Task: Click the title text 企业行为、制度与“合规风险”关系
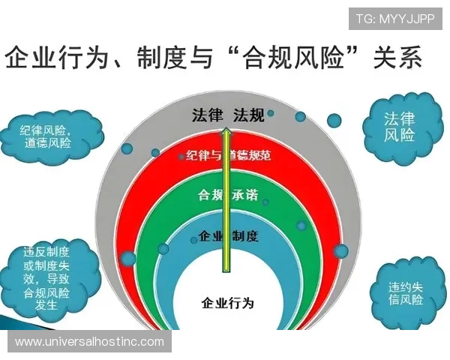click(x=214, y=57)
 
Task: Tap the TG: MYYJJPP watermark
click(x=394, y=19)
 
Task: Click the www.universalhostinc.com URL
click(x=89, y=342)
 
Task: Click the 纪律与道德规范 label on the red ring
click(x=225, y=156)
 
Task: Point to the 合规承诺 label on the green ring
click(x=227, y=195)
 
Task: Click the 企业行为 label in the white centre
click(x=228, y=303)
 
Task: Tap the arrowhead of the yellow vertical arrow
click(x=223, y=133)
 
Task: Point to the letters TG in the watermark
click(x=364, y=19)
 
